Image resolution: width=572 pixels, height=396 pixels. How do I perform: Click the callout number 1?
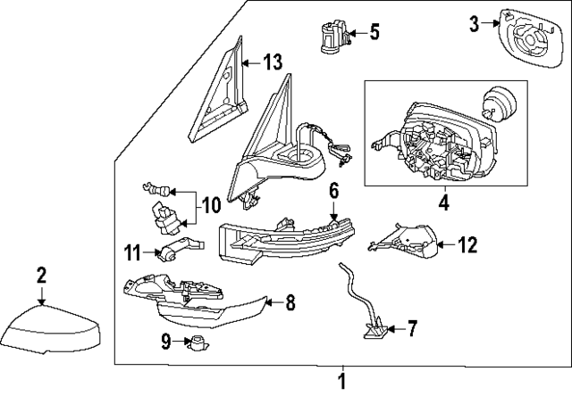click(x=341, y=384)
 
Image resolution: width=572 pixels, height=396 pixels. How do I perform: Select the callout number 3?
click(x=475, y=25)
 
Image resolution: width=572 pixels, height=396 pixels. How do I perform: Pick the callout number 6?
click(x=333, y=190)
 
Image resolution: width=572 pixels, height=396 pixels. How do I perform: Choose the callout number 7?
click(x=411, y=330)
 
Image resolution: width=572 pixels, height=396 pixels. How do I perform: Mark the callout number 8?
click(x=290, y=303)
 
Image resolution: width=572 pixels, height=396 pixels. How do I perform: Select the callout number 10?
click(x=211, y=205)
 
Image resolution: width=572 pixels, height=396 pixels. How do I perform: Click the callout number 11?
click(x=133, y=252)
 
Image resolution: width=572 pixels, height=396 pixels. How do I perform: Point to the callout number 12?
click(x=468, y=243)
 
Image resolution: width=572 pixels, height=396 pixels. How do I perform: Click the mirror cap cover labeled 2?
click(x=52, y=330)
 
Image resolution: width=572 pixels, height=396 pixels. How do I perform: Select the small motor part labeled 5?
click(x=330, y=37)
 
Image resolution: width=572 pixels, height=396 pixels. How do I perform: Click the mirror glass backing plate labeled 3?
click(x=534, y=42)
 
